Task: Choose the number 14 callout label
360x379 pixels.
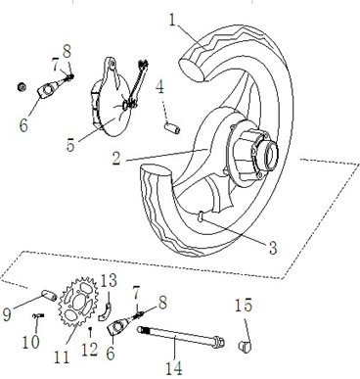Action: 174,368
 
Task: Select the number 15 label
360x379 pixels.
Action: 243,307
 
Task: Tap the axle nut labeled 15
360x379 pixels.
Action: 247,344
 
